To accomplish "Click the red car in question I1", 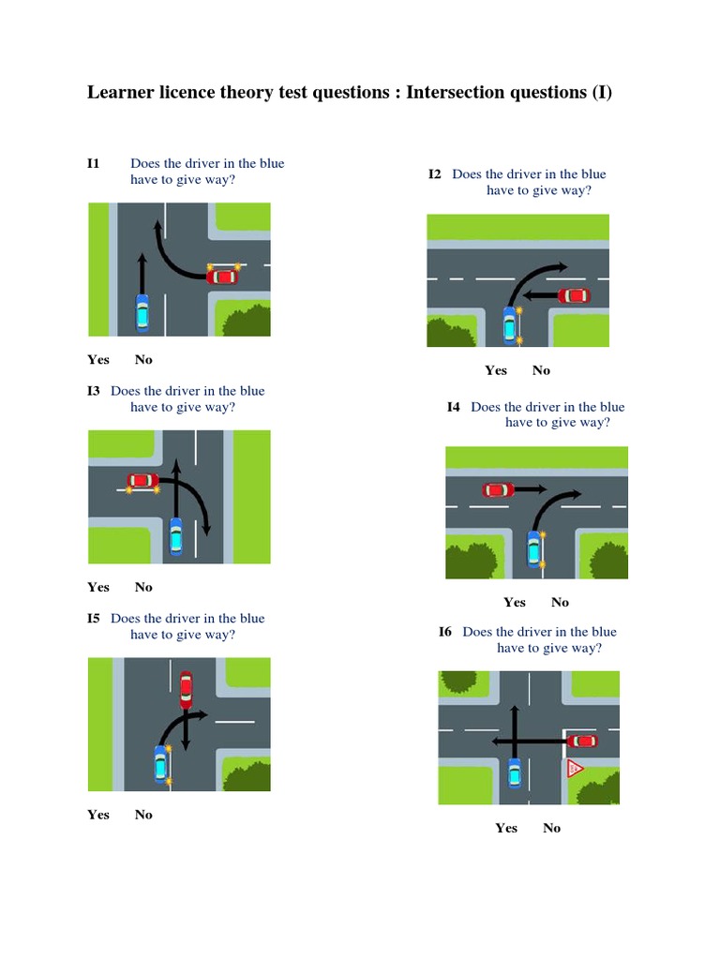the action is point(222,277).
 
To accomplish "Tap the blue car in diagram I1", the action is point(142,313).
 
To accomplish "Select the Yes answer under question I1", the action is point(98,359).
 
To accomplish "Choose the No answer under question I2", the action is point(541,370).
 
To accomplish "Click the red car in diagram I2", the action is point(575,295).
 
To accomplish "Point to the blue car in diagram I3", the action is point(175,535).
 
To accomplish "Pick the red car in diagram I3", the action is point(143,481).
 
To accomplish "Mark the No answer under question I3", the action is point(143,587).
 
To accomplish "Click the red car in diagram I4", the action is point(499,489).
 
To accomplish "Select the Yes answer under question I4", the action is point(515,603).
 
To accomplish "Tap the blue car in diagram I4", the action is point(534,549).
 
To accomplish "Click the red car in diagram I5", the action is point(187,690).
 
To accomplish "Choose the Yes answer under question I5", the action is point(98,815).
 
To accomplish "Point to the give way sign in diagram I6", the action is point(575,768).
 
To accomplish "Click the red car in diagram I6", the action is point(582,742).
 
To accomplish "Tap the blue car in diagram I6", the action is point(515,772).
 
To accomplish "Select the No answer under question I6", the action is point(551,829).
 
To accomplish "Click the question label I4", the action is point(454,407).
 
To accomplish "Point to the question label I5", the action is point(94,619).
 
